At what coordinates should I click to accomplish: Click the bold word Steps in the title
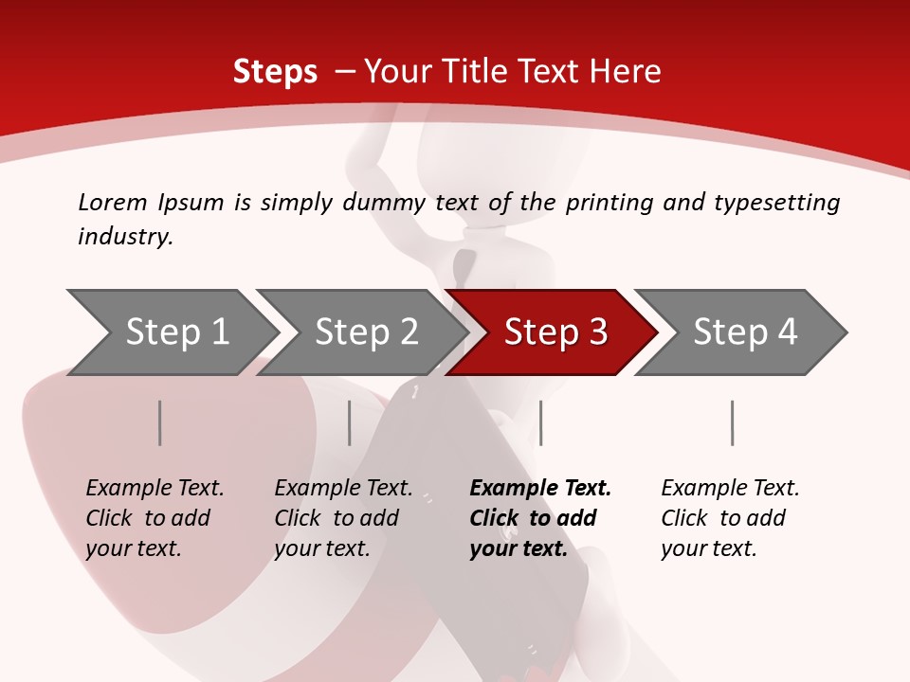coord(275,71)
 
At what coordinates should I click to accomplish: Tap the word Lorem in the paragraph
coord(112,202)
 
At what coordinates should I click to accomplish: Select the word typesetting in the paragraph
coord(777,203)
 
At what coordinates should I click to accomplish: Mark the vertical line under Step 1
coord(160,422)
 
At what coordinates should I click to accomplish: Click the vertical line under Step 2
coord(350,422)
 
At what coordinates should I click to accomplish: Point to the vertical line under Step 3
coord(540,422)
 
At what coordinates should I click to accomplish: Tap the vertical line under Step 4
coord(732,422)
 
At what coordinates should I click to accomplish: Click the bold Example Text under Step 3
coord(540,488)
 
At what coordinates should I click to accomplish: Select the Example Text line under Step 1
coord(155,488)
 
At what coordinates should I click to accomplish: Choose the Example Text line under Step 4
coord(730,488)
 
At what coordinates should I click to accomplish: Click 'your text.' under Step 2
coord(322,548)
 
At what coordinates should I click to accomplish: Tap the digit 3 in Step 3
coord(597,332)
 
